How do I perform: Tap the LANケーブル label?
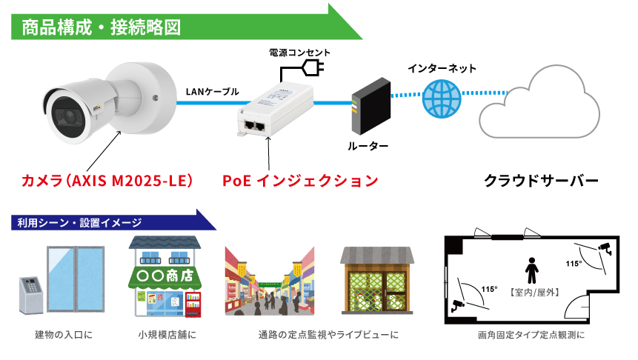coord(212,92)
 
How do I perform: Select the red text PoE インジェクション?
coord(301,181)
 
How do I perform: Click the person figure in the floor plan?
coord(531,271)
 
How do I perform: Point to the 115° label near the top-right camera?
coord(574,264)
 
